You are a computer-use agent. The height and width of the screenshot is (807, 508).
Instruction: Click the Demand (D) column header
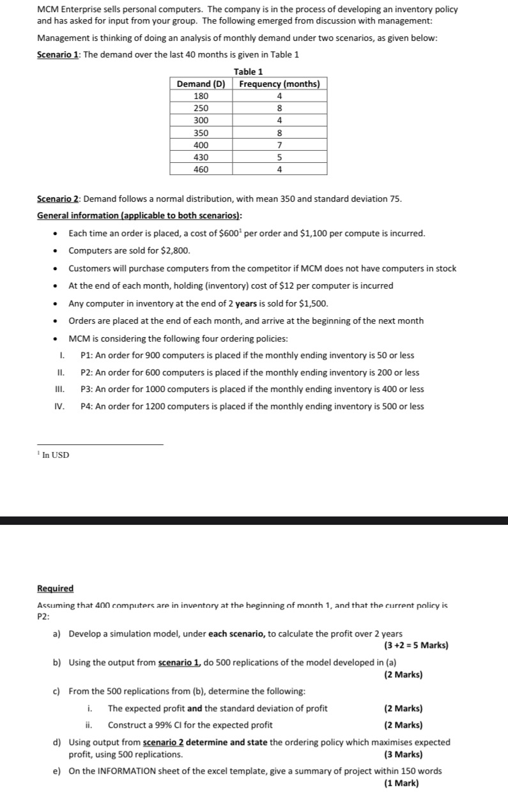tap(201, 84)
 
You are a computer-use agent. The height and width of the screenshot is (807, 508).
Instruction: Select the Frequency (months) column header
tap(279, 84)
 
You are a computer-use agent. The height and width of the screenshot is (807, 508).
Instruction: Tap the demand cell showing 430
tap(201, 156)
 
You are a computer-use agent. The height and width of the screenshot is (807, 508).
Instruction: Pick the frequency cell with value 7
tap(279, 145)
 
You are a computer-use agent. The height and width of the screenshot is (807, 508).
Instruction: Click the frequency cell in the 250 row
tap(279, 108)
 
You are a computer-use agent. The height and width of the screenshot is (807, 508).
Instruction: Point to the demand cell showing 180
tap(201, 96)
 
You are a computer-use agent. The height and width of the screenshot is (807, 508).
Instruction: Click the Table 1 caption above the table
tap(249, 72)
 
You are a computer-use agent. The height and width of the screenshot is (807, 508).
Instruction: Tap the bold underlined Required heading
tap(55, 588)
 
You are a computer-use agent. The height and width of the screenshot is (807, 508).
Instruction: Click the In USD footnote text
tap(56, 455)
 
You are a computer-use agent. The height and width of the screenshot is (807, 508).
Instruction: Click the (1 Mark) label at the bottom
tap(403, 783)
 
